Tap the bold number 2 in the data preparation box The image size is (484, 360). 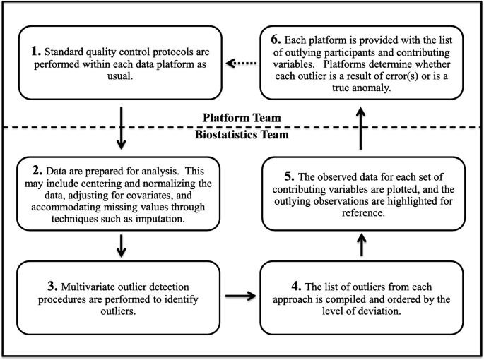click(x=37, y=172)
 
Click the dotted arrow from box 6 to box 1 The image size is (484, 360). click(x=240, y=63)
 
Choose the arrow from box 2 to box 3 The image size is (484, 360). click(x=121, y=246)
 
